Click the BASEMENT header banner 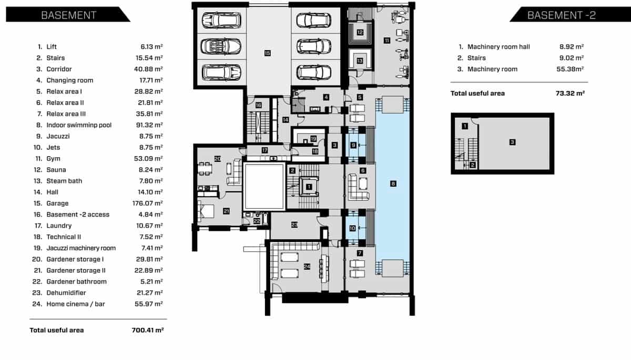coord(68,15)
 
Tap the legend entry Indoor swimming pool coord(86,125)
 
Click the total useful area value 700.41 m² coord(147,330)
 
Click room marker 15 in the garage coord(267,53)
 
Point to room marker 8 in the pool coord(393,183)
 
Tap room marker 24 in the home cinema coord(307,266)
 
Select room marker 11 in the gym coord(386,40)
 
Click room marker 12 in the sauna coord(360,32)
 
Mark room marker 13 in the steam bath coord(360,61)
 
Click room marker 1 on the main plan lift coord(309,186)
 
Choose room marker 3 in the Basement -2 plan coord(511,141)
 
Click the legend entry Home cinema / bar coord(75,304)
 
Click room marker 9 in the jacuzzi coord(353,145)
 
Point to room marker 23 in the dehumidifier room coord(294,225)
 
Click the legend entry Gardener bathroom coord(76,282)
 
